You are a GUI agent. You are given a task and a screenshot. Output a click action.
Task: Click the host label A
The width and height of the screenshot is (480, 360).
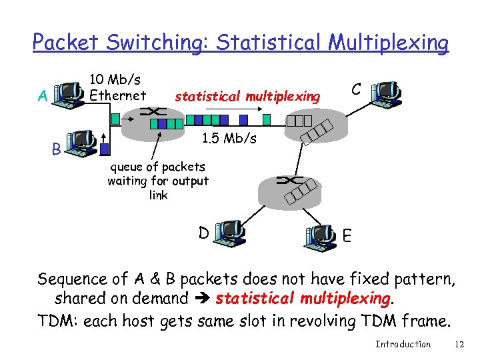click(43, 97)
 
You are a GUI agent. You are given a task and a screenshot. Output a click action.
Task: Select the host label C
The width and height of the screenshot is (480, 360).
click(357, 89)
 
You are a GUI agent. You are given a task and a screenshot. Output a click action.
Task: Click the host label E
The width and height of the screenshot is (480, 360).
click(347, 235)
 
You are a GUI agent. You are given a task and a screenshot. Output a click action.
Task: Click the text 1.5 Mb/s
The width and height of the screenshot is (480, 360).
click(228, 139)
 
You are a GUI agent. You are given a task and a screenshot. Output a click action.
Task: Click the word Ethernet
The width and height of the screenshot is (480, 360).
click(117, 95)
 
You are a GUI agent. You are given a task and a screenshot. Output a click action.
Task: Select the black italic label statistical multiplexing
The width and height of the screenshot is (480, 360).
click(247, 97)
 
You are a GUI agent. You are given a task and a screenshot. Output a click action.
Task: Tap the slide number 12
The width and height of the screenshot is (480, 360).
click(458, 344)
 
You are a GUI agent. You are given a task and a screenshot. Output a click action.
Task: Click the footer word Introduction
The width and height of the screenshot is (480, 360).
click(403, 344)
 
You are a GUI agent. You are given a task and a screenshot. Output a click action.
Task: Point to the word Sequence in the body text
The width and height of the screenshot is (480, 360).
click(73, 279)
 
